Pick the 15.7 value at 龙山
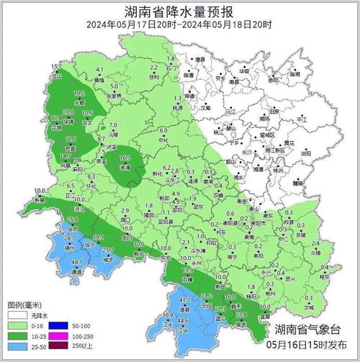[55, 67]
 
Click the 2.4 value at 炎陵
[315, 245]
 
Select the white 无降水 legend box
[17, 315]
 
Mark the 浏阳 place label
[306, 153]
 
